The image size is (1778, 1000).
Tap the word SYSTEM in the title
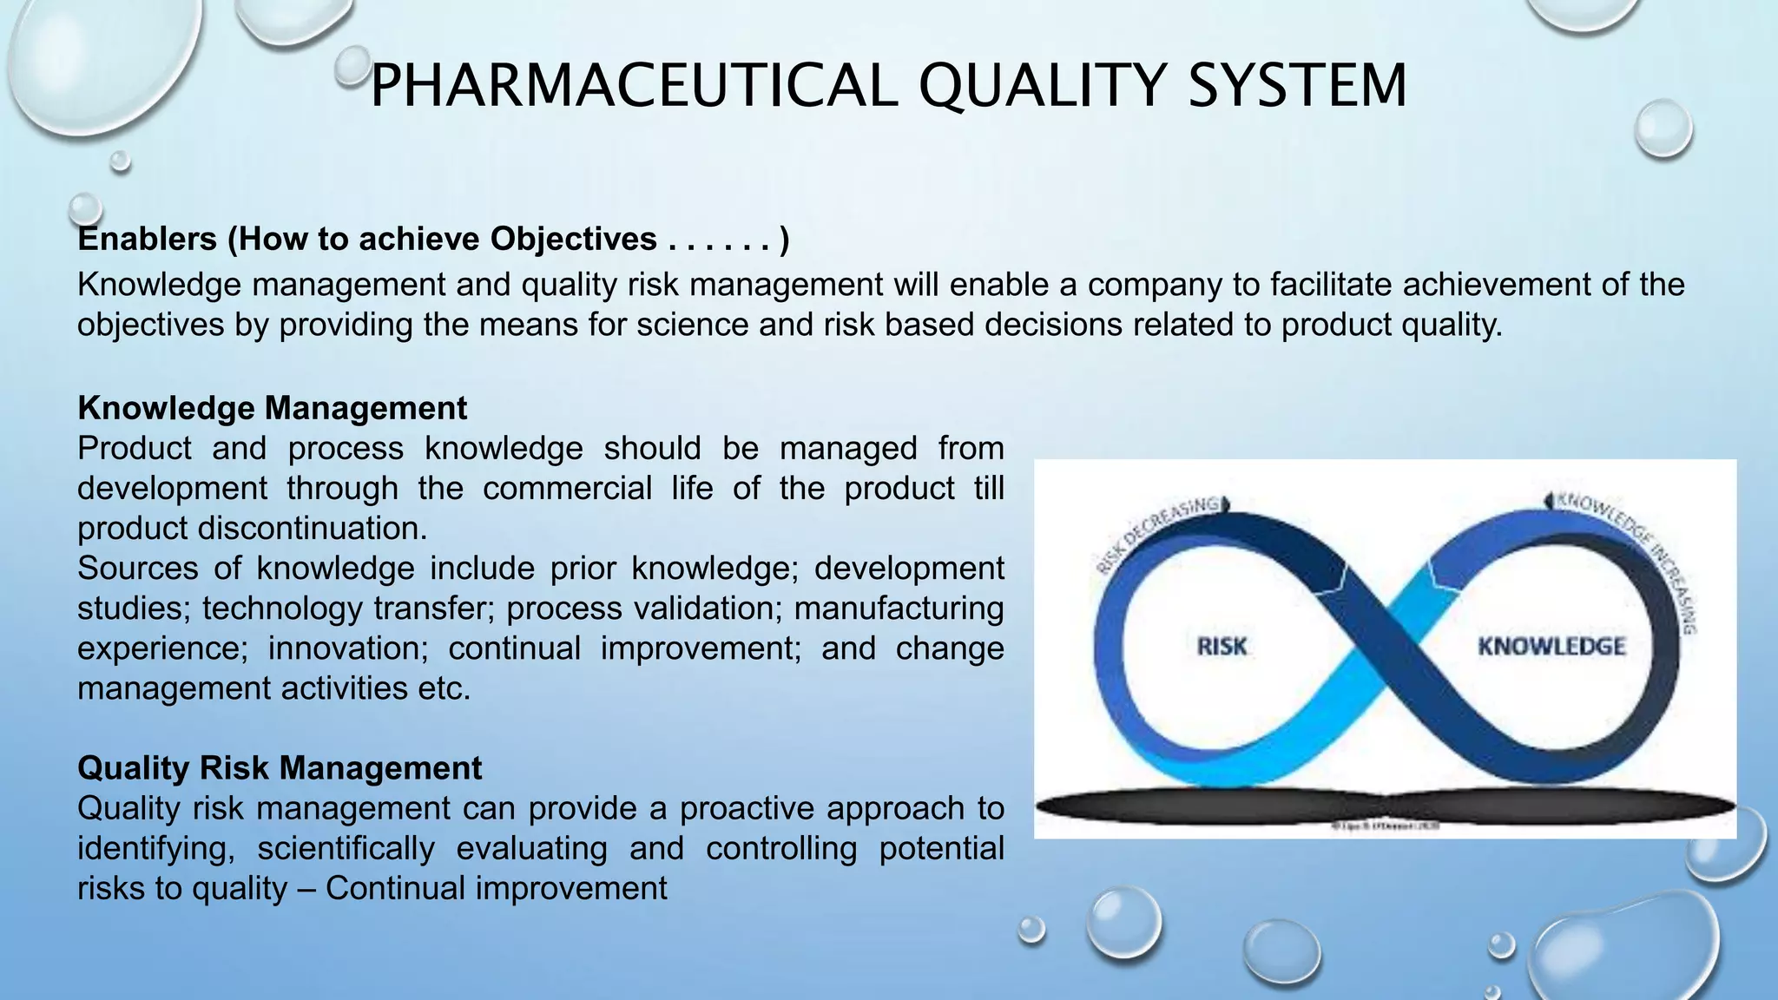[1296, 85]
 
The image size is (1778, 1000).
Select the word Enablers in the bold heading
[147, 239]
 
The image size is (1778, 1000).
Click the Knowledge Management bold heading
[272, 408]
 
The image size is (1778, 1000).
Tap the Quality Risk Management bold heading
[279, 768]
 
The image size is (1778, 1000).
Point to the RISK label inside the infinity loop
[1222, 647]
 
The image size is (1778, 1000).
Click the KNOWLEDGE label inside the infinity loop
[1551, 647]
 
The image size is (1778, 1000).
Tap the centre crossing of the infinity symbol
[1386, 647]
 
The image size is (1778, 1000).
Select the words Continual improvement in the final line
[496, 888]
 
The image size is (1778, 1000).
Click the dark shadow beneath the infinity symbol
[1386, 807]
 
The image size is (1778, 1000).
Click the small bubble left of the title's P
[352, 63]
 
